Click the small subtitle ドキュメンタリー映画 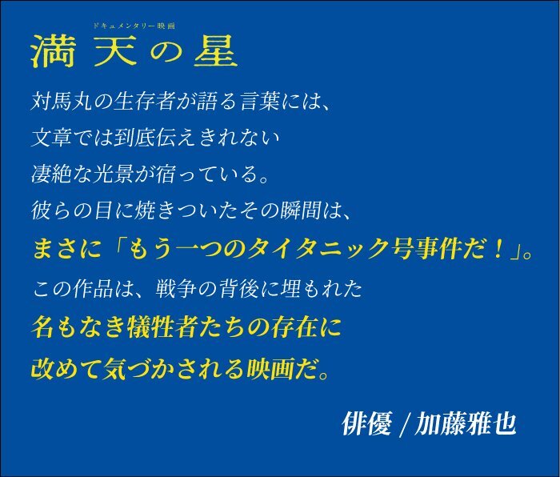(x=134, y=26)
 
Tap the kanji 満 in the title (x=53, y=52)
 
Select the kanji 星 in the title (x=216, y=52)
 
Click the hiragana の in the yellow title (x=166, y=53)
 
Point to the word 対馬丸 (x=62, y=102)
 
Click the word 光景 (x=114, y=174)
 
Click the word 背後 (x=238, y=288)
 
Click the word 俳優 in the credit (x=366, y=423)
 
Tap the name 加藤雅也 (x=466, y=423)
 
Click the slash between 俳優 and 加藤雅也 (x=403, y=424)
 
